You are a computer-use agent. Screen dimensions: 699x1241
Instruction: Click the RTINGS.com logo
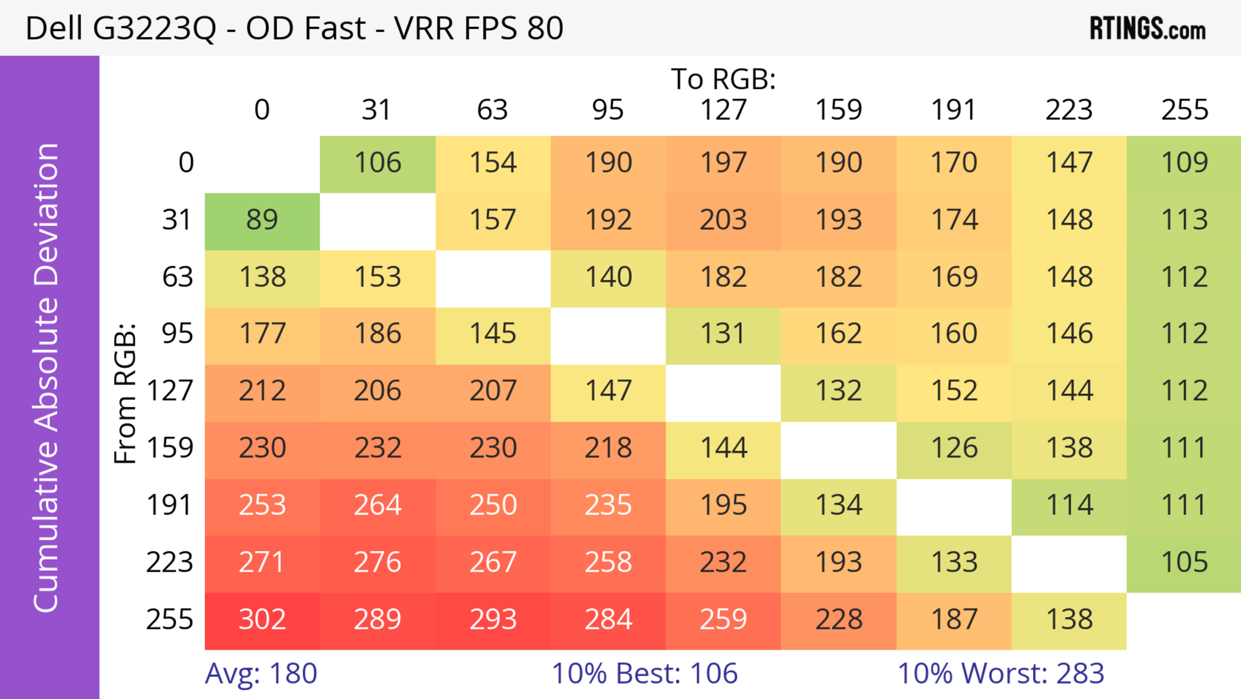(x=1148, y=28)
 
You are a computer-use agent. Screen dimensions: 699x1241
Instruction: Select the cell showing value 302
(x=262, y=620)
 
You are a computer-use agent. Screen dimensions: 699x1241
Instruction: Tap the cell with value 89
(x=262, y=220)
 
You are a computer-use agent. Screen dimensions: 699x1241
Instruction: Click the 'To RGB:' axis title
(x=723, y=79)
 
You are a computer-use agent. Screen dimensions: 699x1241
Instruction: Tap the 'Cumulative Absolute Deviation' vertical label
(x=47, y=377)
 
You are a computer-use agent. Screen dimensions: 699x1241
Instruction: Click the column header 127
(x=723, y=110)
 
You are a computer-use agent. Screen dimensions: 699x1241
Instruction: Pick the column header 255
(x=1184, y=110)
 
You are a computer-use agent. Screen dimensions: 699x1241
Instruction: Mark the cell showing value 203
(x=723, y=220)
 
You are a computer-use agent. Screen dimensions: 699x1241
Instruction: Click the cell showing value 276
(x=377, y=562)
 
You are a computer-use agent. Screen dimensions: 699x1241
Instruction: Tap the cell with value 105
(x=1184, y=562)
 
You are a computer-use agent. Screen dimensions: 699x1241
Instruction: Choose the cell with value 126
(x=954, y=448)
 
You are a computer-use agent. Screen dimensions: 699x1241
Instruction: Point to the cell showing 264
(x=377, y=505)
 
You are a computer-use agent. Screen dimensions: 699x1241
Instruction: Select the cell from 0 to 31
(x=377, y=163)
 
